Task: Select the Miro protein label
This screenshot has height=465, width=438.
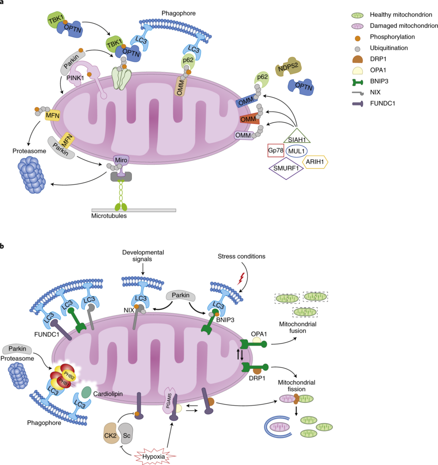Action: (122, 160)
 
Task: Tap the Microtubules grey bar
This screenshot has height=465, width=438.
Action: (134, 210)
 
